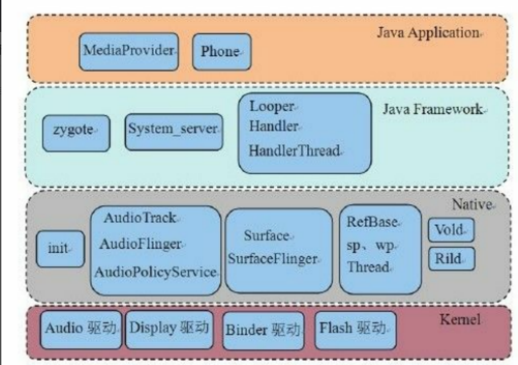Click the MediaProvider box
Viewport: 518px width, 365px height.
coord(128,51)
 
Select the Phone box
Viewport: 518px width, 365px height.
coord(221,52)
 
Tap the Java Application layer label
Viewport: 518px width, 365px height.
coord(428,32)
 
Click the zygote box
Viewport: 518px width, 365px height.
coord(76,132)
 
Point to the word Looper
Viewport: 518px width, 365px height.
coord(272,107)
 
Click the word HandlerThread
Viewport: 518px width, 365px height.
coord(294,151)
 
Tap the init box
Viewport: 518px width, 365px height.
coord(60,248)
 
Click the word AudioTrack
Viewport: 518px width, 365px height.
coord(140,218)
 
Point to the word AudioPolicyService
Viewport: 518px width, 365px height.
coord(156,272)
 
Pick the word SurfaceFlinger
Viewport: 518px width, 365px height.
coord(273,259)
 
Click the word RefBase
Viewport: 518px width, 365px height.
coord(372,222)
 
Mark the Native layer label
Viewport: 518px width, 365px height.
coord(472,205)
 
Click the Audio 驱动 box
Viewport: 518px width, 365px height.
coord(81,329)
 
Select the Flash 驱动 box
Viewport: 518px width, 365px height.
coord(355,329)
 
